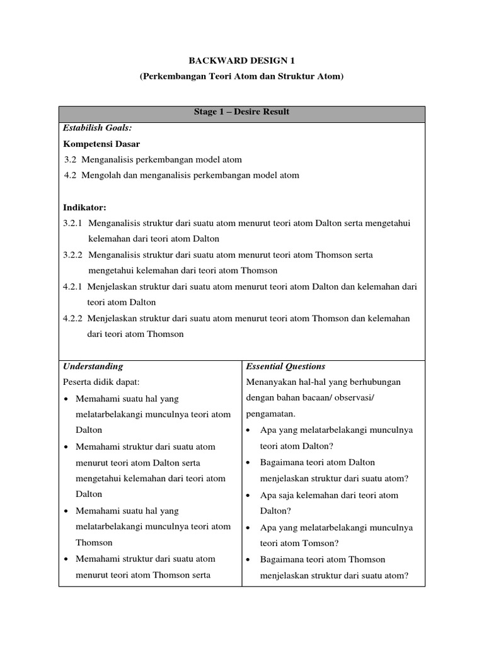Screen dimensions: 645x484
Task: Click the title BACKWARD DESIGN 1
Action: pyautogui.click(x=242, y=60)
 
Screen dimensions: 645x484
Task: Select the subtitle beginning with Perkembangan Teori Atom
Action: pyautogui.click(x=242, y=76)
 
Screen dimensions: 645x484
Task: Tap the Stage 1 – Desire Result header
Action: pyautogui.click(x=242, y=112)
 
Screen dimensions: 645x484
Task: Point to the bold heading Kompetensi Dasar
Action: pyautogui.click(x=101, y=144)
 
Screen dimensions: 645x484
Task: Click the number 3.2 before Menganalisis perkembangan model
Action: pyautogui.click(x=72, y=160)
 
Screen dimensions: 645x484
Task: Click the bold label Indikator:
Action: pyautogui.click(x=84, y=207)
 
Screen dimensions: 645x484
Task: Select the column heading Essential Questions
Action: pyautogui.click(x=285, y=367)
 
